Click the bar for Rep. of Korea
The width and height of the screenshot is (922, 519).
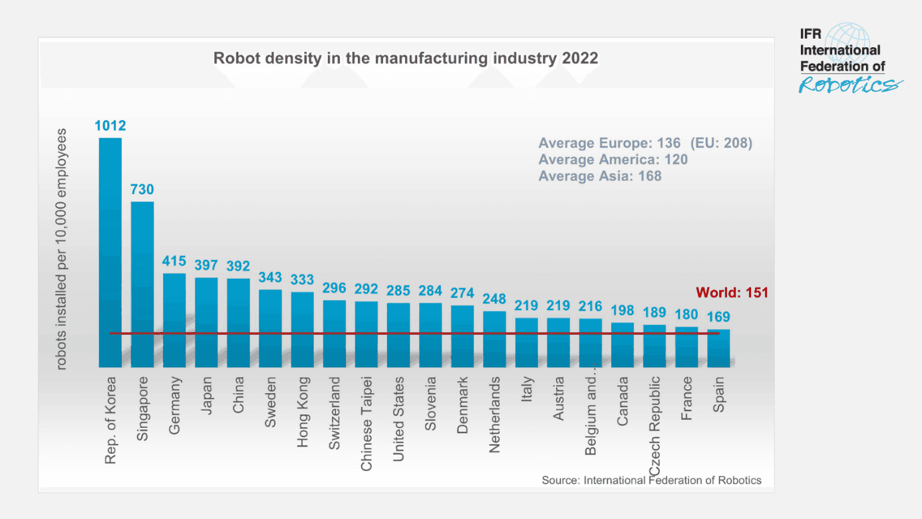(110, 252)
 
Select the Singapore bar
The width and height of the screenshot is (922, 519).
(142, 284)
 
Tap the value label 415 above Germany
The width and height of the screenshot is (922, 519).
(174, 261)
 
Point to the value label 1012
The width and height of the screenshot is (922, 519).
(110, 126)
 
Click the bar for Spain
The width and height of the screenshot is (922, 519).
(718, 348)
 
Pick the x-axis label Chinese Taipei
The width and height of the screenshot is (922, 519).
(367, 423)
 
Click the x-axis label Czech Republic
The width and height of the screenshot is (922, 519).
(655, 426)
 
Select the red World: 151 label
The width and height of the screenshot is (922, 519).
(732, 293)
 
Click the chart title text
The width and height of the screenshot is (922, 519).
(405, 58)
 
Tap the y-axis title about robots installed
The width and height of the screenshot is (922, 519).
(61, 250)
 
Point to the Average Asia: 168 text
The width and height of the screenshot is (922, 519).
(600, 176)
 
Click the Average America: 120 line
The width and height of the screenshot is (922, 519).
(613, 160)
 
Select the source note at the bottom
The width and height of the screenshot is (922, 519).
(651, 480)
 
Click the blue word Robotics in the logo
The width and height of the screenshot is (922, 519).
(850, 85)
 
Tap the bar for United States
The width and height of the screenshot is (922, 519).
(398, 335)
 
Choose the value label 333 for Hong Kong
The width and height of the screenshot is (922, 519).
(302, 280)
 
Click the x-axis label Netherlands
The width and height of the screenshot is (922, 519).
(494, 415)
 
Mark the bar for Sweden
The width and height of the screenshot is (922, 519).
(271, 329)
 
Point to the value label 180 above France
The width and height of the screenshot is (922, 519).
(686, 315)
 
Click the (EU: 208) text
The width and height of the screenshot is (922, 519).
(721, 143)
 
